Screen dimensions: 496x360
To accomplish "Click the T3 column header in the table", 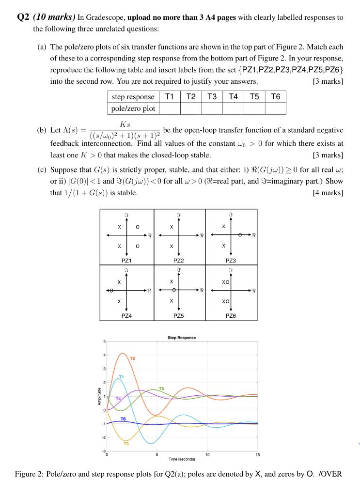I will (212, 96).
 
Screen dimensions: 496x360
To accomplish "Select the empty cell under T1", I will (170, 108).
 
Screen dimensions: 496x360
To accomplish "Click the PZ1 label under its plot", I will (127, 260).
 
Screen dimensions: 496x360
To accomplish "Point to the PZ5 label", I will (179, 315).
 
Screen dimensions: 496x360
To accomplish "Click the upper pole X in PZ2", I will (172, 227).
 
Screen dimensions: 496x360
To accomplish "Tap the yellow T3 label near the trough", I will (126, 443).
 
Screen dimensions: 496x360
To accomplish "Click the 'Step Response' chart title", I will (182, 338).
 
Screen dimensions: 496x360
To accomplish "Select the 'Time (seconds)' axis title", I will (182, 458).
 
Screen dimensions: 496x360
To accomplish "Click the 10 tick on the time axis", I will (207, 454).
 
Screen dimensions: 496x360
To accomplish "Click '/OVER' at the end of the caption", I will (330, 474).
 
